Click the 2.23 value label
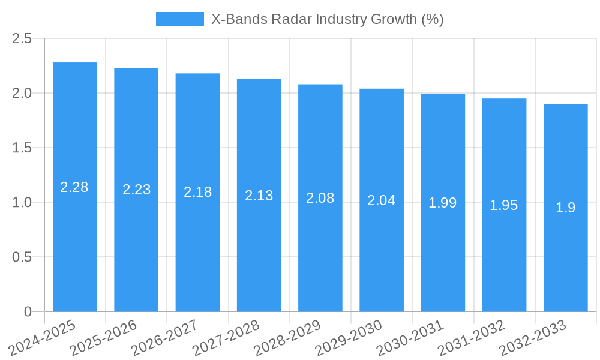pos(136,190)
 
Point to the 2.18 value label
pos(197,192)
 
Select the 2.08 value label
pos(320,198)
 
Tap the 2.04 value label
pos(382,200)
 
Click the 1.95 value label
pos(504,205)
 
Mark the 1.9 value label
pos(565,208)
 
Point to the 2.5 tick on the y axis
pos(22,39)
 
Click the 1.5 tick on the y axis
pos(22,148)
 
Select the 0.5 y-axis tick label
pos(22,257)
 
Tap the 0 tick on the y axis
pos(28,312)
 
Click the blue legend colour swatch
pos(179,19)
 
